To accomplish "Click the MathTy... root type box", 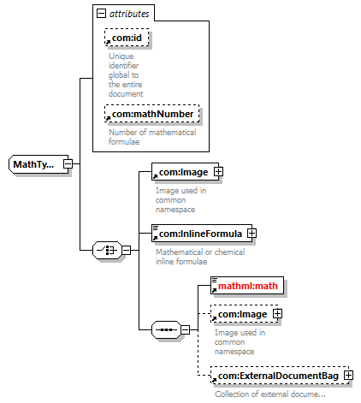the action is pos(38,164).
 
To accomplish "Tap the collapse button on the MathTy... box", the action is pos(68,164).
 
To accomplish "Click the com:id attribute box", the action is pos(127,38).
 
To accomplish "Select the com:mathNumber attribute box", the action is pos(152,114).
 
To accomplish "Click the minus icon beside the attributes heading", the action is pos(101,13).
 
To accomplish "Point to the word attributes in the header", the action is pos(129,14).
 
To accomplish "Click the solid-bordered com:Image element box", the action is pos(185,172).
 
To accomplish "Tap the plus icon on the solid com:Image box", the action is pos(218,171).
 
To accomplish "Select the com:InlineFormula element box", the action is pos(202,234).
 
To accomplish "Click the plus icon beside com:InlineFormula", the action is pos(252,233).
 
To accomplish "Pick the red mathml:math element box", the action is pos(247,285).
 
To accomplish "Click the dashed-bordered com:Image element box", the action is pos(245,314).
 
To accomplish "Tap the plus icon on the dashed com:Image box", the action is pos(277,314).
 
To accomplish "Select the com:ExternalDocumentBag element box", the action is pos(280,376).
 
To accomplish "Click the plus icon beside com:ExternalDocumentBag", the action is pos(348,375).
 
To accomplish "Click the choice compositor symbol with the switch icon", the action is pos(107,250).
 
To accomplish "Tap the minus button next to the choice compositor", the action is pos(126,250).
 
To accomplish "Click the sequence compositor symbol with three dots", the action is pos(166,329).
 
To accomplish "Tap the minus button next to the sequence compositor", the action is pos(185,329).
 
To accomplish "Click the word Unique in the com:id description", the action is pos(121,56).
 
